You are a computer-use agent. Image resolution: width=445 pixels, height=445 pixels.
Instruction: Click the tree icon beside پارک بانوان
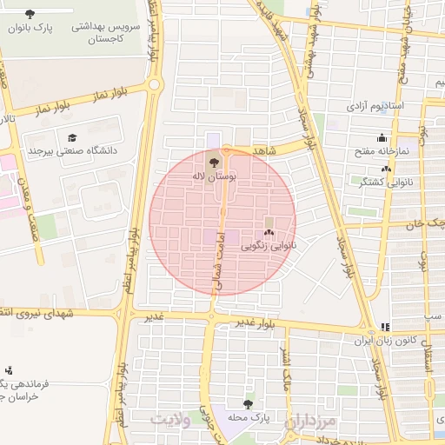point(30,14)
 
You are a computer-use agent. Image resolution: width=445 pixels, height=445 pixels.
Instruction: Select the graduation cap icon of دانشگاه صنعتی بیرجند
point(71,137)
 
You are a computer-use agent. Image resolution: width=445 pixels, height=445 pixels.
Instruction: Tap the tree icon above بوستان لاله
point(214,160)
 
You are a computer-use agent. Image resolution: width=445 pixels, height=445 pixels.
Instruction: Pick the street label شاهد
point(263,151)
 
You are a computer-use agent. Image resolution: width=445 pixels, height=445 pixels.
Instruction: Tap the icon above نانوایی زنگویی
point(269,232)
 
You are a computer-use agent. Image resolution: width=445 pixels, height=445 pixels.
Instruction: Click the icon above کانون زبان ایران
point(384,328)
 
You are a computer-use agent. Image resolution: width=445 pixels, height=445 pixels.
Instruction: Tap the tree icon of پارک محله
point(249,404)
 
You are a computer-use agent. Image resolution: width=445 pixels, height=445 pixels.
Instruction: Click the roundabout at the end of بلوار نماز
point(155,84)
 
